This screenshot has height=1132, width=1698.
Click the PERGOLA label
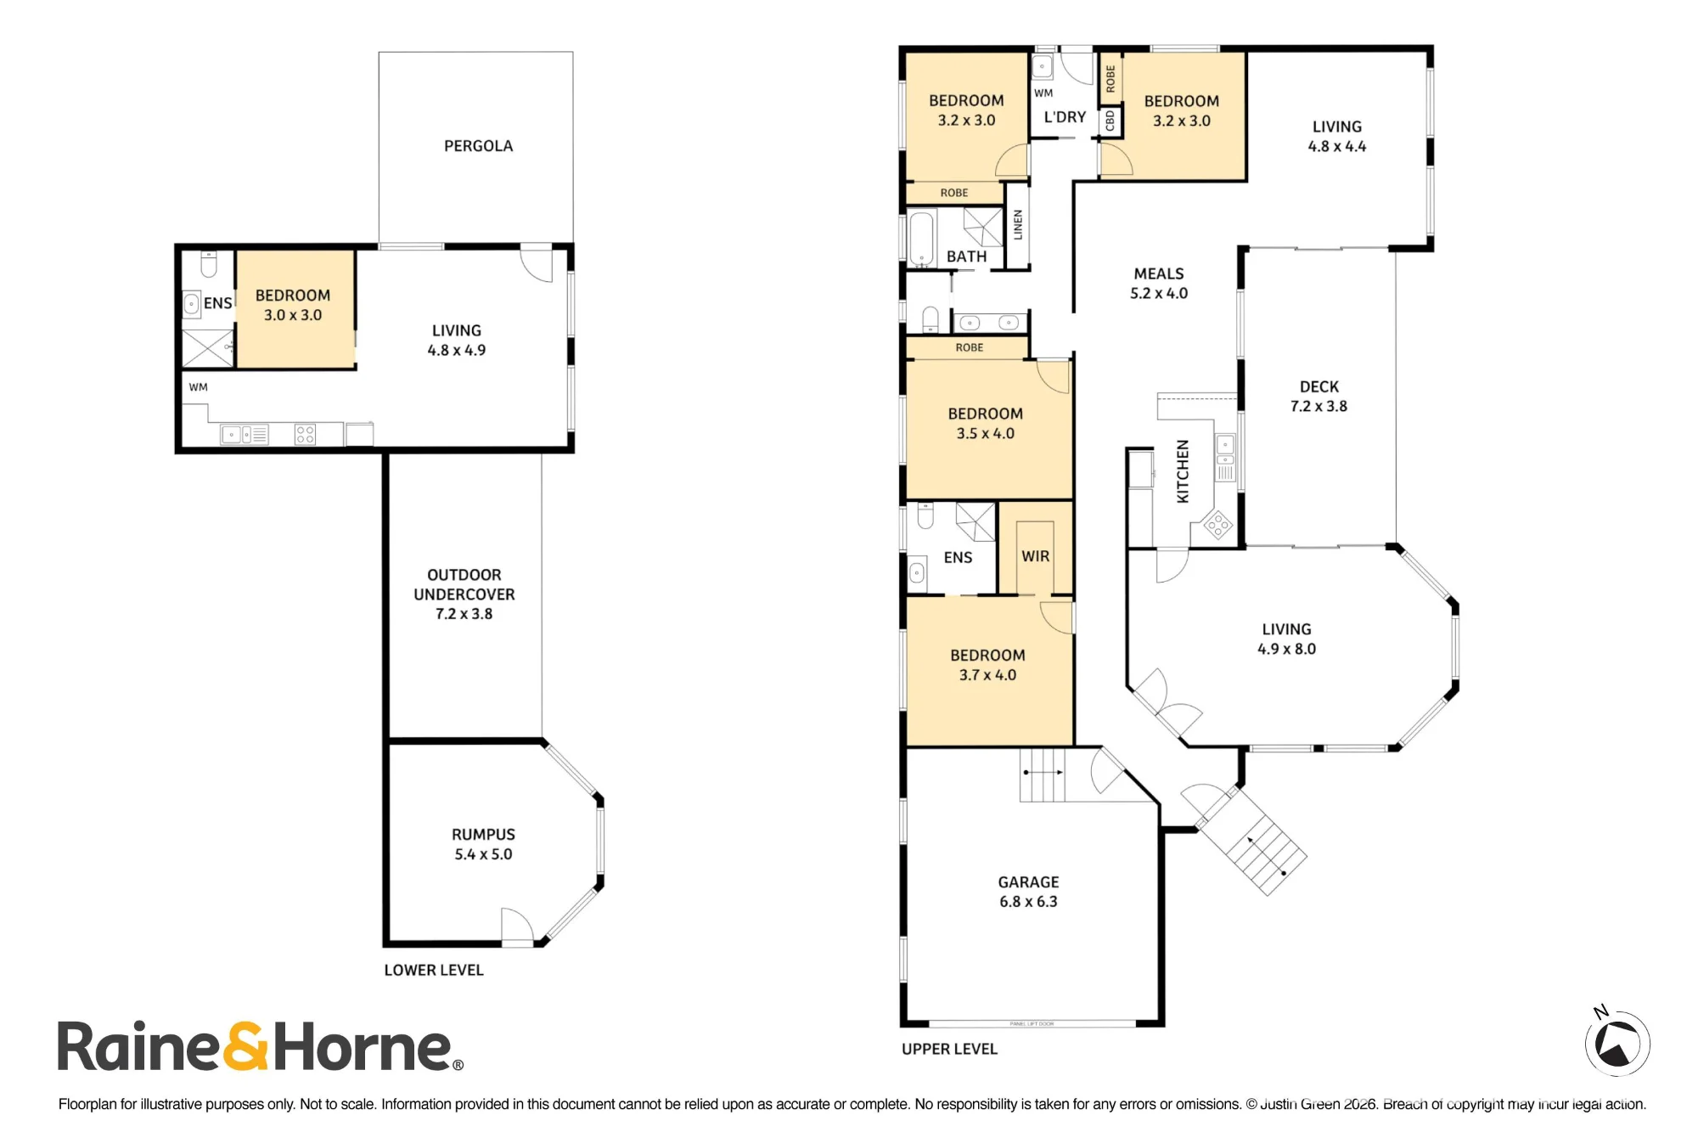[478, 146]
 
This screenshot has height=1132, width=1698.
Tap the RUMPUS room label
[483, 844]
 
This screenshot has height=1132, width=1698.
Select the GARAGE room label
[1028, 892]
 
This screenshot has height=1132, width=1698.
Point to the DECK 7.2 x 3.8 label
[1318, 397]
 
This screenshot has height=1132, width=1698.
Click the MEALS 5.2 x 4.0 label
[1159, 284]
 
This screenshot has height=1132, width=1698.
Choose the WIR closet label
[1035, 556]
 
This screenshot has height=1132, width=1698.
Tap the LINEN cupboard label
[1018, 225]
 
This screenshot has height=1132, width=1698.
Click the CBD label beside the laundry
[1110, 121]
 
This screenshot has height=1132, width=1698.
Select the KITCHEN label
[1182, 471]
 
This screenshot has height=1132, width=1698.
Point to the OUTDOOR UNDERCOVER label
[464, 594]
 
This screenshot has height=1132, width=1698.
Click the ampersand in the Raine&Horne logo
[246, 1046]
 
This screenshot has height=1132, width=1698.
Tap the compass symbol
[1616, 1042]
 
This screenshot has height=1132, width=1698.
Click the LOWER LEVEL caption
[434, 970]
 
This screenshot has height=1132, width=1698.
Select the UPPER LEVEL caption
[949, 1049]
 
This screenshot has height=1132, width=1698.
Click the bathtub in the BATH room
[921, 238]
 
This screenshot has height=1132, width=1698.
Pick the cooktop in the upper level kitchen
[1218, 525]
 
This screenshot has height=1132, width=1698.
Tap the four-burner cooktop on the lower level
[305, 435]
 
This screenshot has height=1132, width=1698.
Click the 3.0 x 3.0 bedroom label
[293, 305]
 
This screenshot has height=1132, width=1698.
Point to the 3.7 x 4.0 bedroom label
[987, 665]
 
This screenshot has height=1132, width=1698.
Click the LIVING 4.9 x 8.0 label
[1286, 639]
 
